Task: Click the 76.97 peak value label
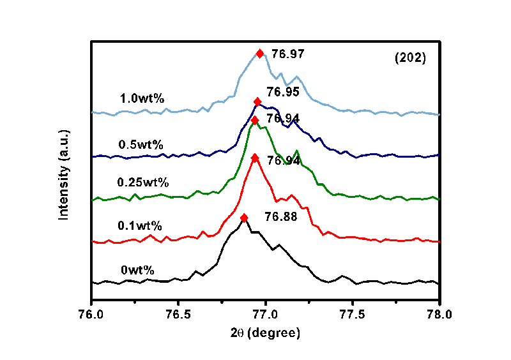[x=285, y=54]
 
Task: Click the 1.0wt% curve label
[x=142, y=99]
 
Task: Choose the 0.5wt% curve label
[x=141, y=144]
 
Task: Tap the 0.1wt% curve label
[x=140, y=226]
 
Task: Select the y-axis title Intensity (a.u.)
[x=64, y=174]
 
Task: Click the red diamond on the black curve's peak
[x=244, y=218]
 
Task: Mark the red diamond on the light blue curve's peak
[x=260, y=54]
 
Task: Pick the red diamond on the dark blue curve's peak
[x=257, y=102]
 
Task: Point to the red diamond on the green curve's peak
[x=255, y=121]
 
